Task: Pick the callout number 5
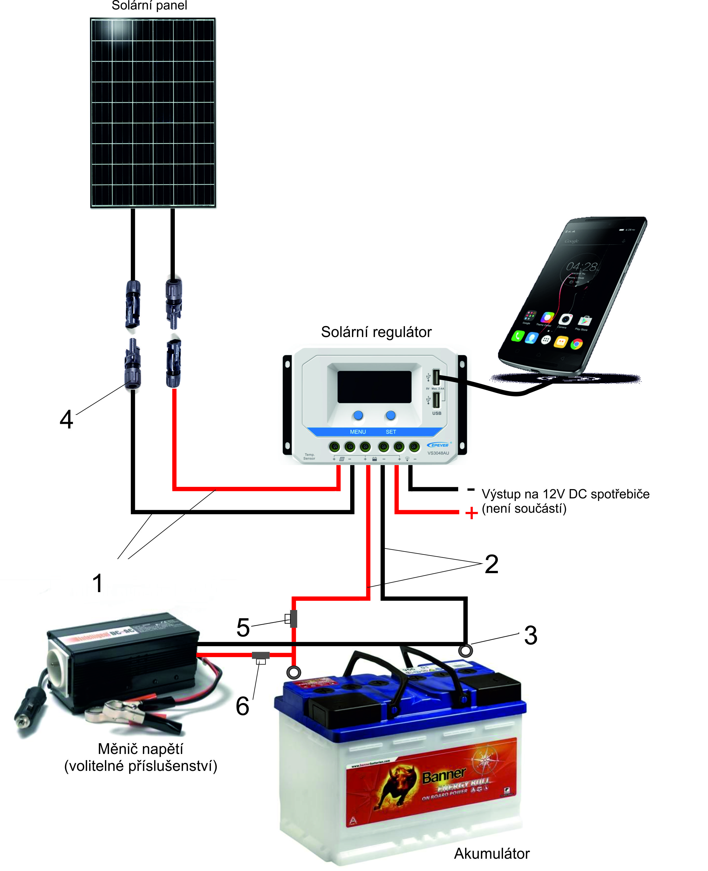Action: tap(243, 627)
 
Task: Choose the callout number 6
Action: tap(243, 706)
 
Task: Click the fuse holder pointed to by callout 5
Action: tap(292, 619)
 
